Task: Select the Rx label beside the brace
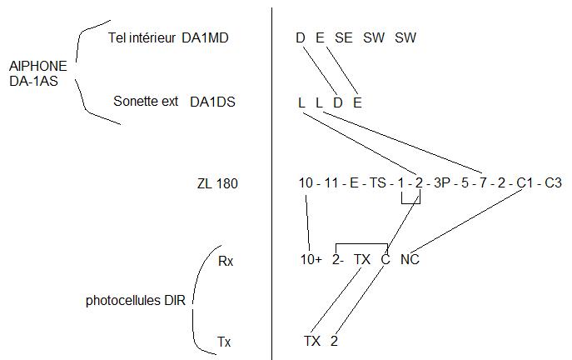(x=225, y=261)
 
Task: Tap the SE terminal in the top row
(x=344, y=37)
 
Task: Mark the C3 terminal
(x=553, y=182)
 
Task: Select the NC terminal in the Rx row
(x=410, y=260)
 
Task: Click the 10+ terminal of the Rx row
(x=311, y=260)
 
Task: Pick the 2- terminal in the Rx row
(x=338, y=260)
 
